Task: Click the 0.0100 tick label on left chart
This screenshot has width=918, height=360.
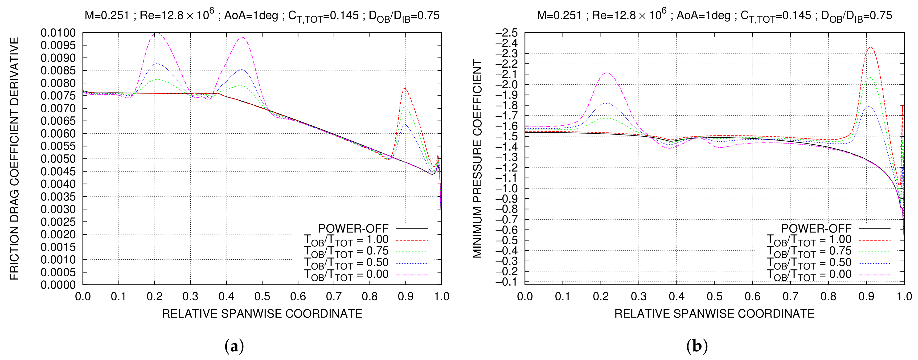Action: (58, 33)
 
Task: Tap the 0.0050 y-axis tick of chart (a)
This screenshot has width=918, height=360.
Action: (58, 159)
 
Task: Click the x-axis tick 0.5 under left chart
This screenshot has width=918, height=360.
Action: (262, 297)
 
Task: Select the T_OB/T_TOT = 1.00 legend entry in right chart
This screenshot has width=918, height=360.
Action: (809, 240)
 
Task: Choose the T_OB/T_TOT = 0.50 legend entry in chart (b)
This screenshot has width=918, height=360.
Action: (809, 263)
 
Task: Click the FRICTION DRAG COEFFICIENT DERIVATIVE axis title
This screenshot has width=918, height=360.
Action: (14, 159)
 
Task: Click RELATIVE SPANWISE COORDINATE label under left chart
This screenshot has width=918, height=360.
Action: (262, 314)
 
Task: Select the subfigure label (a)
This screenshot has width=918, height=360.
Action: (234, 346)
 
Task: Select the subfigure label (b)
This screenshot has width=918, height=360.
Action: (697, 346)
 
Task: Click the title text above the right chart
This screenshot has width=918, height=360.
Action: (714, 15)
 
